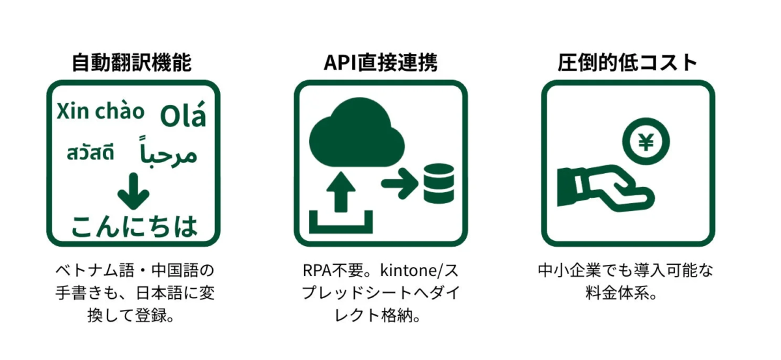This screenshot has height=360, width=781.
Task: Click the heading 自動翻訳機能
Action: [132, 62]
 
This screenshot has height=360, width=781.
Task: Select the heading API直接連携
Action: [381, 62]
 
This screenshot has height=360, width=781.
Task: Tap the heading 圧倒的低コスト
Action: [627, 62]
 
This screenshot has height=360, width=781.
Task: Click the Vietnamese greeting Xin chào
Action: [100, 111]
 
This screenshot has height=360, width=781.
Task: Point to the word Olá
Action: [183, 115]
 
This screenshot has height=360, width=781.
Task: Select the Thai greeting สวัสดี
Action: [90, 154]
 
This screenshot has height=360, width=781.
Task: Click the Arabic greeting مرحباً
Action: [168, 152]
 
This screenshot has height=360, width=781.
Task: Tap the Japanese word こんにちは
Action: [134, 225]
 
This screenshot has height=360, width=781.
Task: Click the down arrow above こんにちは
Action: [134, 189]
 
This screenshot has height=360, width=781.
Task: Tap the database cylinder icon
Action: [437, 182]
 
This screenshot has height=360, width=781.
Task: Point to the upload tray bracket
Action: [341, 223]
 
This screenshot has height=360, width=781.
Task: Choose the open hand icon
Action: [602, 187]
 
